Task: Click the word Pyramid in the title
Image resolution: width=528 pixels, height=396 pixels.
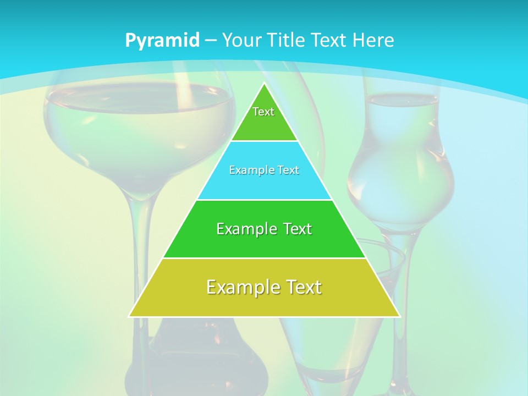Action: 162,40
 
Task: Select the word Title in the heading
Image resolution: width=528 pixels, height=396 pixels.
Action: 287,40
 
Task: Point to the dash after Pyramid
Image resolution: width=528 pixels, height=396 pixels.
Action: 210,40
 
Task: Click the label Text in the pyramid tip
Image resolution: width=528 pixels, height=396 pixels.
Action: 263,112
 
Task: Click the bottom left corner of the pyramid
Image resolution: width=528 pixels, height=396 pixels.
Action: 130,316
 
